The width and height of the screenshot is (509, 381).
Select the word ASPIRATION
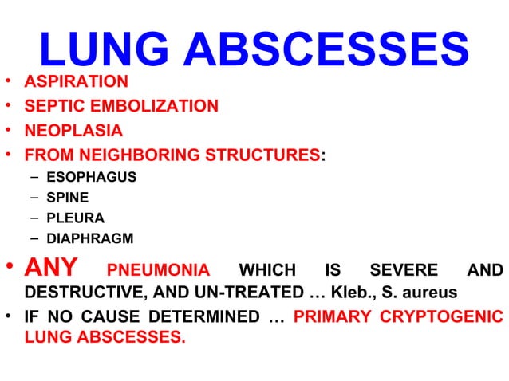point(76,81)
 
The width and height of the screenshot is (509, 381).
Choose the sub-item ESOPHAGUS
point(91,176)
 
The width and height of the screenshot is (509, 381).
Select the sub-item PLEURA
point(70,218)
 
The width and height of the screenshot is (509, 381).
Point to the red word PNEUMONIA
point(158,270)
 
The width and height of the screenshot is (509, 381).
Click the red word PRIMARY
point(329,316)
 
